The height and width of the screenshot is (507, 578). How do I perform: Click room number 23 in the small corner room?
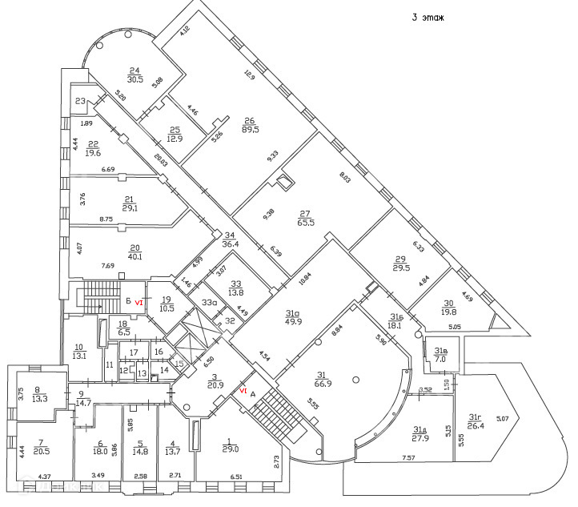80,101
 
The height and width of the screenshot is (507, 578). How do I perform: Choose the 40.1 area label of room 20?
135,257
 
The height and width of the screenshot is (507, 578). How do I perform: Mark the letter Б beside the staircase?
128,301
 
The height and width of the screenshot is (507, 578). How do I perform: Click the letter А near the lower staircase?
253,394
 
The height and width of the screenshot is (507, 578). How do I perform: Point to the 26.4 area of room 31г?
476,425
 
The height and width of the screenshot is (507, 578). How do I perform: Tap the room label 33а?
210,303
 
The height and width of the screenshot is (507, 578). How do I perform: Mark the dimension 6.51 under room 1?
235,477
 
